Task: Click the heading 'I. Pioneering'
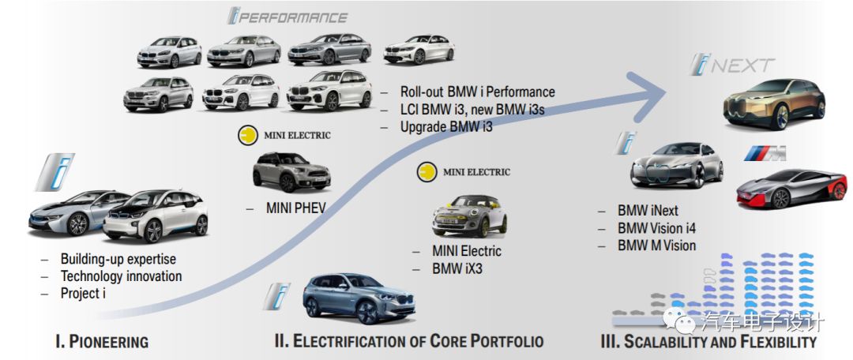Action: (101, 342)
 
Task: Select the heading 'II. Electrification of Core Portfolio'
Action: (408, 342)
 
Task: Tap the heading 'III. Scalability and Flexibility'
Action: (708, 343)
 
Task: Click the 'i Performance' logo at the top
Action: (287, 17)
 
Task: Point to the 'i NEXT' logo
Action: (732, 66)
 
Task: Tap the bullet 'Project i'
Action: (83, 293)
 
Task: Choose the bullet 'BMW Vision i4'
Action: (656, 228)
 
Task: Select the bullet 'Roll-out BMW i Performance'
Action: (477, 92)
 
